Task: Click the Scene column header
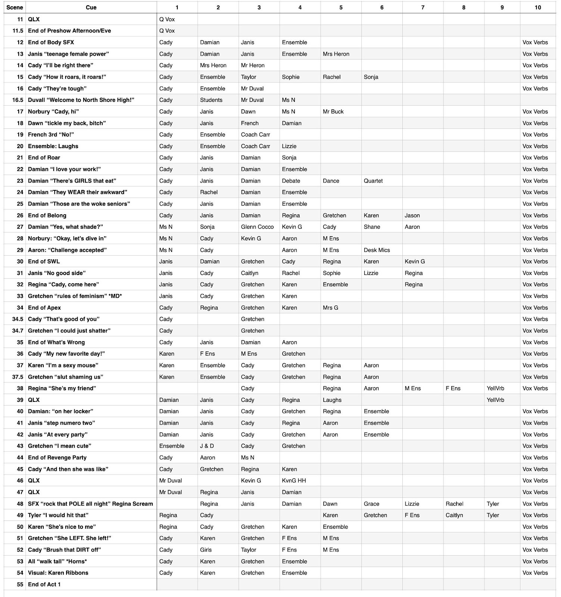[15, 7]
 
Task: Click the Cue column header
[91, 7]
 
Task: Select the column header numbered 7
[423, 7]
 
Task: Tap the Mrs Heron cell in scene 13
[336, 54]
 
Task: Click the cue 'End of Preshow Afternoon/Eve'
[69, 31]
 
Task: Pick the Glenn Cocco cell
[257, 227]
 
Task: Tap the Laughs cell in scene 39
[332, 400]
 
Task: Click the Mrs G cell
[330, 308]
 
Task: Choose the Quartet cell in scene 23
[373, 181]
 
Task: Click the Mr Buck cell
[333, 112]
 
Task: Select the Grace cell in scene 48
[371, 504]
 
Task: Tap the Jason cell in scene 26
[412, 215]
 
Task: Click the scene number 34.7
[18, 331]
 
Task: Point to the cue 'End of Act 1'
[44, 584]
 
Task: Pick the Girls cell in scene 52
[206, 550]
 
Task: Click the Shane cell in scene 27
[372, 227]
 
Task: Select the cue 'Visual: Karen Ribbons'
[58, 573]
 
